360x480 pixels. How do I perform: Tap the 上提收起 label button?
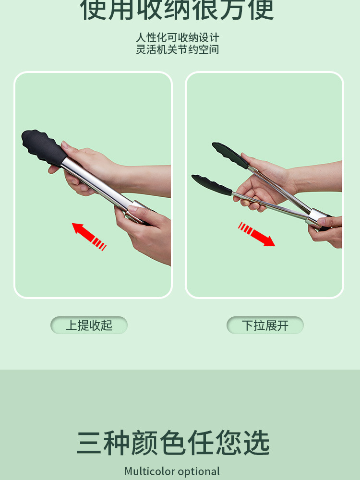(x=89, y=325)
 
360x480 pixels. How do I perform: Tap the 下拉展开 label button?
(x=265, y=325)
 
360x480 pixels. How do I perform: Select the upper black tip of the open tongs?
(x=230, y=155)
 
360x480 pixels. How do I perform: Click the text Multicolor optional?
(x=172, y=471)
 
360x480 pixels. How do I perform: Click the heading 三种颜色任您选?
(x=173, y=443)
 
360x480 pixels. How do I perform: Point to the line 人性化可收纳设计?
(x=178, y=38)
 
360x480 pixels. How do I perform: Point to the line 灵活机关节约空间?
(x=178, y=49)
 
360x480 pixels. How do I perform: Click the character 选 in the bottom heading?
(x=255, y=443)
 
